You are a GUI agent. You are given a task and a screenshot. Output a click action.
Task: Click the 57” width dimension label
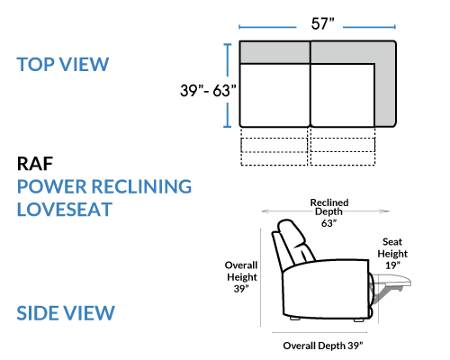[322, 23]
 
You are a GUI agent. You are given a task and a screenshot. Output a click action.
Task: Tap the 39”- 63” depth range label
[208, 90]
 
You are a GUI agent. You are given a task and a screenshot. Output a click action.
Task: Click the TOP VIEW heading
[63, 64]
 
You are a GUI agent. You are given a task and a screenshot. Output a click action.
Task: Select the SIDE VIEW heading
[66, 313]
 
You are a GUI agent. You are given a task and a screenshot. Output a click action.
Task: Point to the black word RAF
[35, 164]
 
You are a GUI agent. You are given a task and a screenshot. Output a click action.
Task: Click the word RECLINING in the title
[141, 186]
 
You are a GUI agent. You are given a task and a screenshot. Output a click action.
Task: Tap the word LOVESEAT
[65, 210]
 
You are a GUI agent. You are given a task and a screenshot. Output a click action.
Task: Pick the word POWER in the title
[52, 186]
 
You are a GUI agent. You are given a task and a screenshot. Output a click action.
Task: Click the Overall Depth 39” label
[323, 346]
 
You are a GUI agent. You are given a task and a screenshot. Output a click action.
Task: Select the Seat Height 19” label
[392, 254]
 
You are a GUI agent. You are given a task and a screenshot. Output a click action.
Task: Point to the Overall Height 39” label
[241, 277]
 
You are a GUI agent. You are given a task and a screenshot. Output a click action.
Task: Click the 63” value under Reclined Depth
[328, 223]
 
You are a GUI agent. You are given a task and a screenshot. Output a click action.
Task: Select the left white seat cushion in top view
[274, 94]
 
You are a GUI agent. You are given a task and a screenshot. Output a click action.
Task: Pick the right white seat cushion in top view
[343, 94]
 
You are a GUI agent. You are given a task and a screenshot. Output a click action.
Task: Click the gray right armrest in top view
[385, 90]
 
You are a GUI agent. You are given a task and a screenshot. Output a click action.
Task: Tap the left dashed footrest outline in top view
[274, 146]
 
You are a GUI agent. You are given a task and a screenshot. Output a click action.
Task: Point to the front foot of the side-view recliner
[358, 319]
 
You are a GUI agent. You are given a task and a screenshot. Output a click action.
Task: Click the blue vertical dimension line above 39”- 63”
[228, 60]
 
